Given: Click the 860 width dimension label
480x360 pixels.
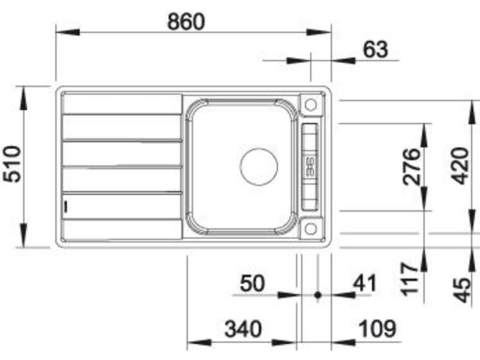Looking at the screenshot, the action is click(186, 21).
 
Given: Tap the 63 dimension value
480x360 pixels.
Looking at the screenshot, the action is click(375, 49).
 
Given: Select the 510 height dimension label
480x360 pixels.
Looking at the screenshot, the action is click(13, 164).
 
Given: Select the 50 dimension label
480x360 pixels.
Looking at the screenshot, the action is click(252, 283).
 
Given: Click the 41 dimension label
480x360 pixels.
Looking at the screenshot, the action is click(364, 283).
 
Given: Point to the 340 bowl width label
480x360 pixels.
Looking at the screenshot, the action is click(243, 329).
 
